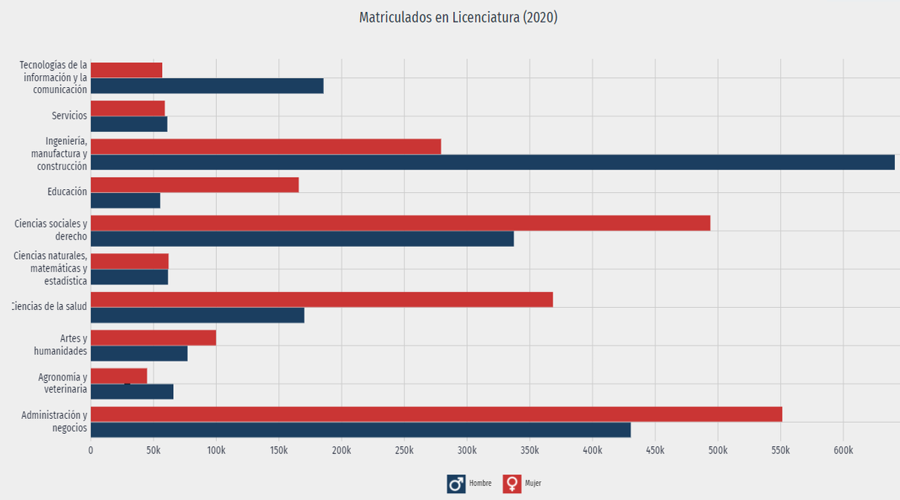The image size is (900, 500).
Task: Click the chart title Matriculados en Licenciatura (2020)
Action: [x=458, y=17]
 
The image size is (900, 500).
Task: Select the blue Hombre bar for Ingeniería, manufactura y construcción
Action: [x=492, y=162]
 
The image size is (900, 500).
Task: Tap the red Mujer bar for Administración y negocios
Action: [x=436, y=414]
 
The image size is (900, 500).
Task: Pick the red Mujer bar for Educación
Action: [x=194, y=185]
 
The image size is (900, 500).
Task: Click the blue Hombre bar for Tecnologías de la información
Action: [x=207, y=86]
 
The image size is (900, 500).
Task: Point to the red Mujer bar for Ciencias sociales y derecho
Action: [x=400, y=223]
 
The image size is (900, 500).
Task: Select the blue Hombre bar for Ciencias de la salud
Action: [x=197, y=315]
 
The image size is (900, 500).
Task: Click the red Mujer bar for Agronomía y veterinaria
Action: [x=118, y=375]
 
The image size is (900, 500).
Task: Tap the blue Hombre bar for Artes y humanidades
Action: [x=139, y=354]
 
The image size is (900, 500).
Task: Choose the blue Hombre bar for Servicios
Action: [x=128, y=124]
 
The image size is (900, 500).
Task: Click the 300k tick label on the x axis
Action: [x=466, y=450]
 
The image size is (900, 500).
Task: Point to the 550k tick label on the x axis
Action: [x=780, y=450]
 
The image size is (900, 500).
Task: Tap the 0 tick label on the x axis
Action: [x=91, y=450]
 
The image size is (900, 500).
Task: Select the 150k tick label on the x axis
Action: [x=278, y=450]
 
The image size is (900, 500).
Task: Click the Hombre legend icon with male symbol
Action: [x=456, y=483]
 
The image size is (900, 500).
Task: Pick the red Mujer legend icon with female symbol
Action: [x=512, y=483]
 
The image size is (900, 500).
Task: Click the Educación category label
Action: [x=67, y=192]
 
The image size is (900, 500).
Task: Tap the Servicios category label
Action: [x=69, y=116]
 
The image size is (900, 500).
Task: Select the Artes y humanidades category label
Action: [x=61, y=345]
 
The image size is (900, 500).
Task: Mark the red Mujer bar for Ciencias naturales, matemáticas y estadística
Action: [x=129, y=261]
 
